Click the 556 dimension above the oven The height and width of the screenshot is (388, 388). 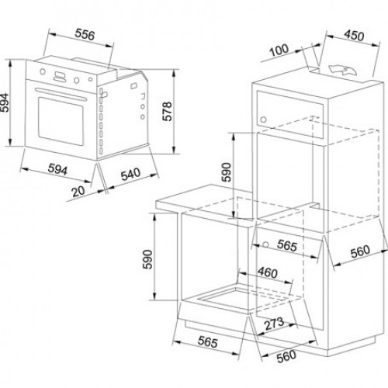(85, 35)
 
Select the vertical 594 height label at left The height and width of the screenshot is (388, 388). (5, 102)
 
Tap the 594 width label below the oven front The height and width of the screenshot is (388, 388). (57, 170)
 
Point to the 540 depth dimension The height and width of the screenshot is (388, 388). (131, 174)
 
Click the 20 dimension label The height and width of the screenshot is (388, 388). (78, 191)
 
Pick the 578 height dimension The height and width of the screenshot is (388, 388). (167, 112)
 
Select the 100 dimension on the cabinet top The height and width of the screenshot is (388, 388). (279, 50)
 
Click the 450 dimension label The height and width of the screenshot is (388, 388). (355, 35)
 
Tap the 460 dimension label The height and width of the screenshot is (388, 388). (268, 272)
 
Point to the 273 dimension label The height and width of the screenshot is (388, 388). (274, 324)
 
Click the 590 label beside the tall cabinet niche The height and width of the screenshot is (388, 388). (227, 172)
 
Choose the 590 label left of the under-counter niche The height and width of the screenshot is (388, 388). (148, 259)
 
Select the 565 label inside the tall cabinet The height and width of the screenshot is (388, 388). (287, 245)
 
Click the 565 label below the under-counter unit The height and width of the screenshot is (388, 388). (208, 342)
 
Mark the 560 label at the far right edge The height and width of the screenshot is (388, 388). (360, 251)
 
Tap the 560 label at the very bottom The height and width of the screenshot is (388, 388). (286, 356)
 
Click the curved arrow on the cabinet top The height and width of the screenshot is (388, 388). (342, 70)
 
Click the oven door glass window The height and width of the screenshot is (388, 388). (61, 121)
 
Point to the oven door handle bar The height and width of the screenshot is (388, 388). (61, 94)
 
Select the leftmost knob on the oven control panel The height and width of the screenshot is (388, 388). (43, 71)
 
